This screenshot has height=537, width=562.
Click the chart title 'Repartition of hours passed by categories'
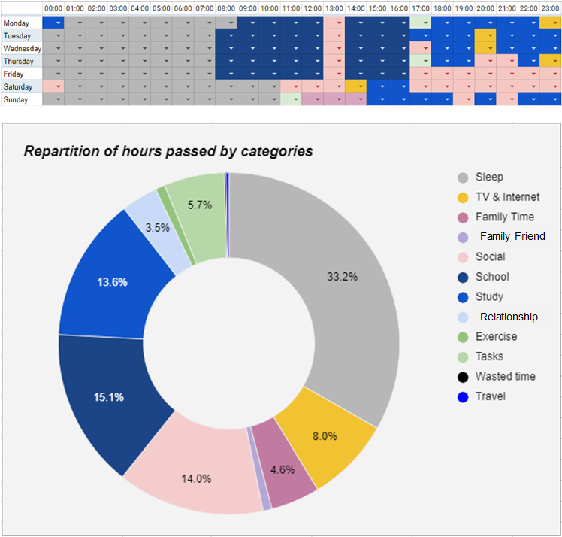[x=168, y=151]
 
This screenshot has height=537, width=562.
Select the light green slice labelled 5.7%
[x=199, y=205]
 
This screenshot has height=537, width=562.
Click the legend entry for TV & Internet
[x=507, y=197]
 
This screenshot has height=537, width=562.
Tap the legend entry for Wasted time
[x=505, y=376]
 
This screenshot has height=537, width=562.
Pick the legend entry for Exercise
[x=496, y=336]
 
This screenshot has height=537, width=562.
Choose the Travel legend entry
[x=490, y=396]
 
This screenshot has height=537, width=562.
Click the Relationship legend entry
[x=509, y=317]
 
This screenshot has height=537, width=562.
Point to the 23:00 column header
[x=550, y=8]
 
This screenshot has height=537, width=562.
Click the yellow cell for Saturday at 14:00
[x=355, y=86]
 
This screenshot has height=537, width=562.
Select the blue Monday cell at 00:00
[x=53, y=23]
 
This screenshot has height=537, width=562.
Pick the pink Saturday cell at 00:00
[x=53, y=86]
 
